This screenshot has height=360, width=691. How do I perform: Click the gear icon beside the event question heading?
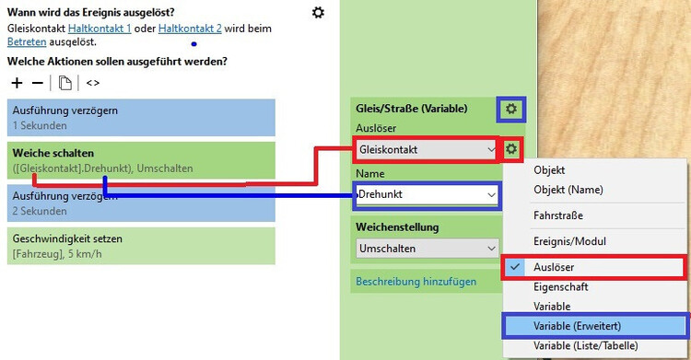318,12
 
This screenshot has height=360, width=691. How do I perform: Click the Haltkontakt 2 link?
190,29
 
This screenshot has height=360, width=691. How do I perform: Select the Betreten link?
26,42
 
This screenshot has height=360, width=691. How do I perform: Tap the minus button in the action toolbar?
37,83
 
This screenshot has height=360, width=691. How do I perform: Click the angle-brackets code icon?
93,83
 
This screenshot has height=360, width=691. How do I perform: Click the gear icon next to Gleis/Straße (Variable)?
510,110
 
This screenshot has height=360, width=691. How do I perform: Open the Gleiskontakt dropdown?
427,148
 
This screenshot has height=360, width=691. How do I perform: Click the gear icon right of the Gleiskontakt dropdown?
512,149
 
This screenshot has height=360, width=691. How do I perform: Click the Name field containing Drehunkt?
427,194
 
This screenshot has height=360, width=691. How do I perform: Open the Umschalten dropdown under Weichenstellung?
427,249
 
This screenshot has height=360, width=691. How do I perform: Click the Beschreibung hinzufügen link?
416,281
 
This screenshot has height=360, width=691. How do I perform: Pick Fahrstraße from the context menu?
564,215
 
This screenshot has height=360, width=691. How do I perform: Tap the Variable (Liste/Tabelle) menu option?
589,345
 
